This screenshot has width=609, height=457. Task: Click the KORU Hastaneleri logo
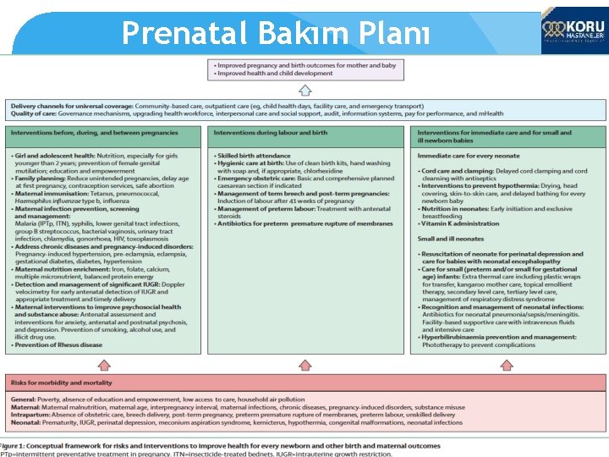pos(573,33)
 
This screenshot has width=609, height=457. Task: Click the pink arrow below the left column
pos(104,365)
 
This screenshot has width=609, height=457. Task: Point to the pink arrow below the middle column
pos(306,365)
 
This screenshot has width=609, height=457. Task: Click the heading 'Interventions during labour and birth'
pos(270,133)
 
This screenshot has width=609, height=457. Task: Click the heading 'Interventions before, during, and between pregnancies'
pos(96,133)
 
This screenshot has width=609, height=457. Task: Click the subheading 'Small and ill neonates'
pos(451,238)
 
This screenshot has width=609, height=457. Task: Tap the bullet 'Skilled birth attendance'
pos(256,156)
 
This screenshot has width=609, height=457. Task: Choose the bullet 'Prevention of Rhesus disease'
pos(58,344)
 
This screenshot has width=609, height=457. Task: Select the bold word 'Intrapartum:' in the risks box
pos(32,414)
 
